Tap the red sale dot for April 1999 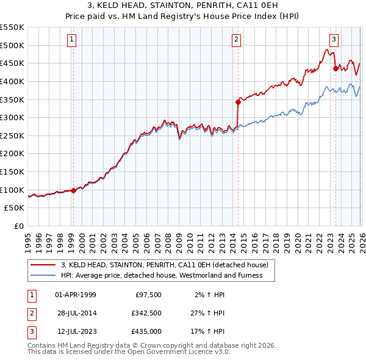pyautogui.click(x=73, y=190)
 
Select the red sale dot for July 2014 pyautogui.click(x=238, y=103)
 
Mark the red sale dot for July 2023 pyautogui.click(x=335, y=69)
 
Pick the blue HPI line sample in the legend pyautogui.click(x=43, y=275)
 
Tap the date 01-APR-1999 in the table pyautogui.click(x=76, y=294)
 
